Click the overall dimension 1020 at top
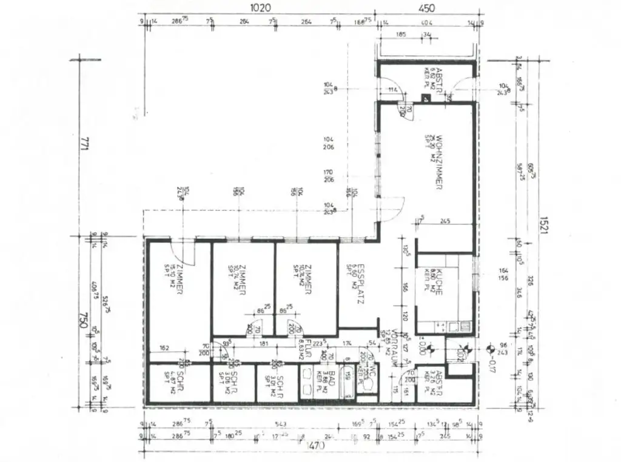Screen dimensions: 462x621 coord(260,8)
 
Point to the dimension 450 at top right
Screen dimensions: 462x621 coord(426,8)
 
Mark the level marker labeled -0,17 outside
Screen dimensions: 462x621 coord(489,364)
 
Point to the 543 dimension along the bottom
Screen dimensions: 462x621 coord(280,423)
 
